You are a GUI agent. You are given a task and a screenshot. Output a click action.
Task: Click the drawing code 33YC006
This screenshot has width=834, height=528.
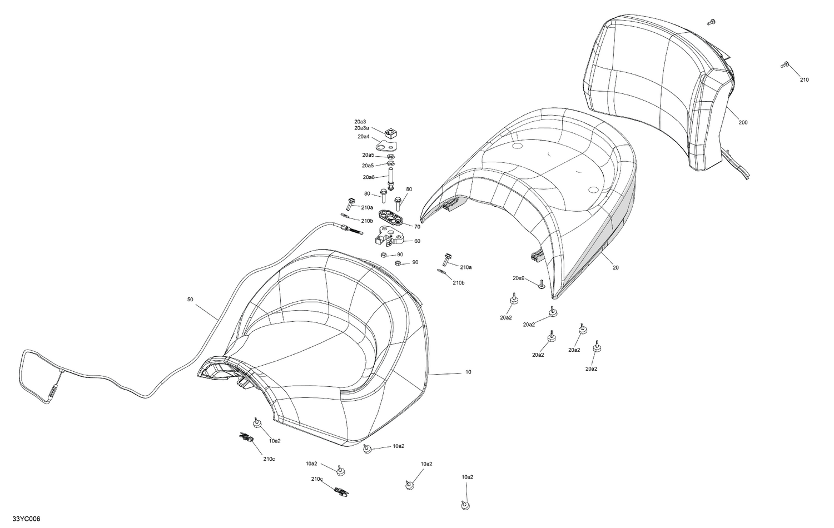click(x=26, y=519)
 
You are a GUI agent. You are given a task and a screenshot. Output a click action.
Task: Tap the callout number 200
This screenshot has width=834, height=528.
click(x=743, y=122)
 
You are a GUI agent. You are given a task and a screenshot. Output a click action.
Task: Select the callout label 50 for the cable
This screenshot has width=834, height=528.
click(x=190, y=299)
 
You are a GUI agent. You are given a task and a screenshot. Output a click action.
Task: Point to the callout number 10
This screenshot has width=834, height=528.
click(x=468, y=372)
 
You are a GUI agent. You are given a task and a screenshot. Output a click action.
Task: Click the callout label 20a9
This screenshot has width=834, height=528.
click(x=519, y=278)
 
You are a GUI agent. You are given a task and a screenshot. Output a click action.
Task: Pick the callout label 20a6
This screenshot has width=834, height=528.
click(x=369, y=177)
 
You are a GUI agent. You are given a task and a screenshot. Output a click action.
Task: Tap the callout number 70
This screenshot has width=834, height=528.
click(x=417, y=227)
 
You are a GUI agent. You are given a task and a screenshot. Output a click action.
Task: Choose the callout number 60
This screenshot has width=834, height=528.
click(x=417, y=241)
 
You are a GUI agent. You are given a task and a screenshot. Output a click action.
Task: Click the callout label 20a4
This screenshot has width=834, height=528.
click(x=364, y=137)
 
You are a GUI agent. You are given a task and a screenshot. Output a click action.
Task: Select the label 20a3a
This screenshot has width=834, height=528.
click(x=362, y=128)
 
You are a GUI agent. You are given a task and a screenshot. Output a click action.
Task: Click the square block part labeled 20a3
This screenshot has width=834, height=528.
click(x=390, y=132)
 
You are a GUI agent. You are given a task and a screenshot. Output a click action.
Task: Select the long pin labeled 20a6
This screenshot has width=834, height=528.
click(x=390, y=179)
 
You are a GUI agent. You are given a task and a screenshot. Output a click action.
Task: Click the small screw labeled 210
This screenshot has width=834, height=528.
click(x=785, y=64)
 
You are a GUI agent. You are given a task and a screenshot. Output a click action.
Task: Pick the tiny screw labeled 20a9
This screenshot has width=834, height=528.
click(x=540, y=284)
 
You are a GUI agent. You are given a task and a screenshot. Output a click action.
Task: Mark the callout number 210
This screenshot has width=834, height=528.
click(x=805, y=79)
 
